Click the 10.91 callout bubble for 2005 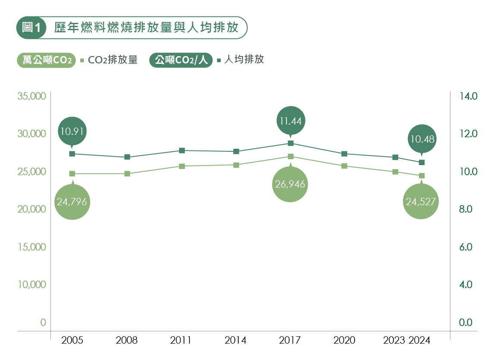(x=72, y=131)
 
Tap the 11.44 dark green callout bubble (x=290, y=121)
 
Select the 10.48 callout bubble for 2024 (x=422, y=139)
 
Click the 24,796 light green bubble (x=72, y=201)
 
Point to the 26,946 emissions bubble (x=290, y=185)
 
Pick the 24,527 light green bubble (x=421, y=201)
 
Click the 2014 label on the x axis (x=236, y=341)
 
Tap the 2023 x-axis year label (x=394, y=341)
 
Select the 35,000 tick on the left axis (x=31, y=96)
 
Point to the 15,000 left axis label (x=31, y=247)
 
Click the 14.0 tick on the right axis (x=468, y=96)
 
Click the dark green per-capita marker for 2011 (x=182, y=150)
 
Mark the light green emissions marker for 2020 (x=344, y=166)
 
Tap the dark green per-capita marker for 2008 (x=127, y=157)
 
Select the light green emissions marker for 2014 (x=236, y=165)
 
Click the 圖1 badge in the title (x=31, y=28)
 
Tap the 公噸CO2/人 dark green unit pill (x=181, y=60)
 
